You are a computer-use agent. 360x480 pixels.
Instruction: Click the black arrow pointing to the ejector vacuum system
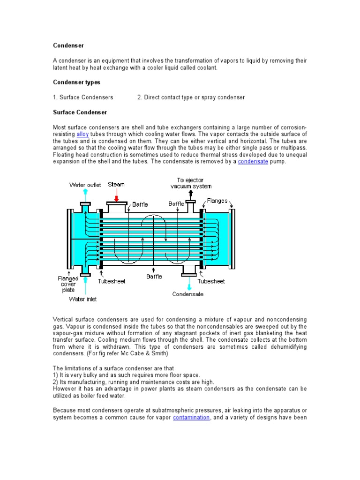pos(191,194)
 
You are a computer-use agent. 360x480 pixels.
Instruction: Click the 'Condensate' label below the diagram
pos(188,294)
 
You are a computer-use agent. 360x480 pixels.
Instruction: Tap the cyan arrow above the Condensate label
pos(190,284)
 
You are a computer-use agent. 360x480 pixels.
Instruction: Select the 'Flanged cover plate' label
pos(68,284)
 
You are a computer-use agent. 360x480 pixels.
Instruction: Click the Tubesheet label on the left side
pos(112,281)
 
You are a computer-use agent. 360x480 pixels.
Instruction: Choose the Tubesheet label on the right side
pos(211,281)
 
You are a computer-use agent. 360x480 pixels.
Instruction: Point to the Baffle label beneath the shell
pos(154,277)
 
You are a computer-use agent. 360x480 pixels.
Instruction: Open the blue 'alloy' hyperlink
pos(82,134)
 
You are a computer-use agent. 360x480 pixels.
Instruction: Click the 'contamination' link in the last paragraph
pos(191,417)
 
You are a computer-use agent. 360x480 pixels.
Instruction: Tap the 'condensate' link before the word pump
pos(253,162)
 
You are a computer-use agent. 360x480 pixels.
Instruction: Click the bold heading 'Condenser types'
pos(76,82)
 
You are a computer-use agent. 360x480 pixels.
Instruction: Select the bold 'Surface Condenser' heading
pos(80,112)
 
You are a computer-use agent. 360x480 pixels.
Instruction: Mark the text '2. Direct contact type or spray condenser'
pos(191,97)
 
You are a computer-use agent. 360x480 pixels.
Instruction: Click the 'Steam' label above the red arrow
pos(116,185)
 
